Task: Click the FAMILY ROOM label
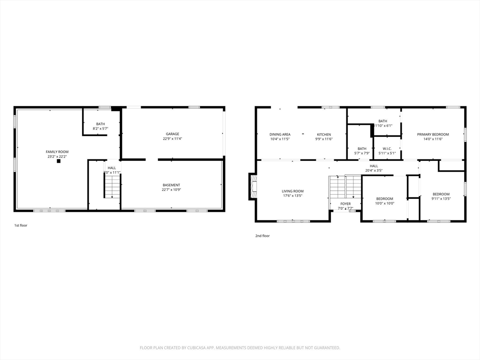tap(57, 151)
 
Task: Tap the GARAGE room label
tap(172, 134)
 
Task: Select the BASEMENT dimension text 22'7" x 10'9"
tap(172, 190)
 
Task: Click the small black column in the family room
tap(59, 161)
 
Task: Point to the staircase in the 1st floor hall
tap(112, 187)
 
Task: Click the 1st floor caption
tap(21, 225)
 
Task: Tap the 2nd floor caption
tap(262, 236)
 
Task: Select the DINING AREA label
tap(280, 135)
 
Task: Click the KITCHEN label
tap(323, 135)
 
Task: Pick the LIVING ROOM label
tap(292, 191)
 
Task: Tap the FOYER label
tap(345, 204)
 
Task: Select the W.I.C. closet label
tap(387, 149)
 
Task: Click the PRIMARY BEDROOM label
tap(433, 135)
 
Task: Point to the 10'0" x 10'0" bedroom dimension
tap(384, 203)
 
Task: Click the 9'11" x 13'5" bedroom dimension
tap(441, 199)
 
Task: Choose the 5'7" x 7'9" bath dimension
tap(362, 153)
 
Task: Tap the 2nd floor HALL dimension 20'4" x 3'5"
tap(374, 171)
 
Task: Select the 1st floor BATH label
tap(101, 124)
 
